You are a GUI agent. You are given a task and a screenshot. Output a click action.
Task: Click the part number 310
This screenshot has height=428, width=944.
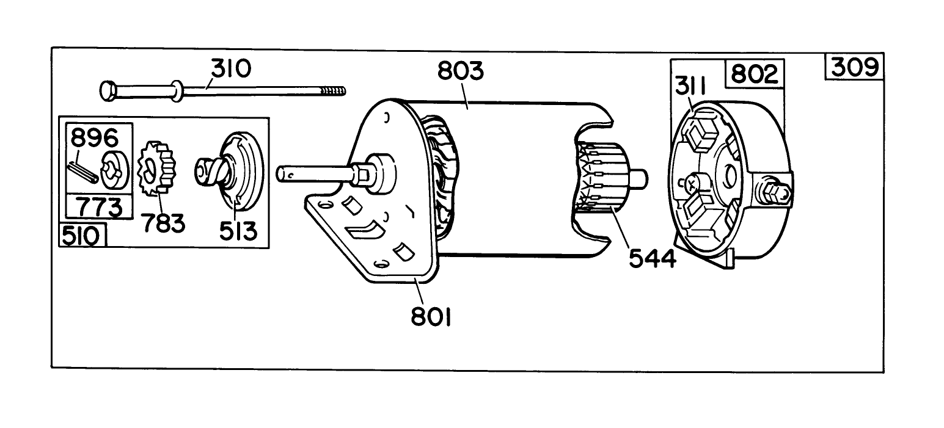[230, 69]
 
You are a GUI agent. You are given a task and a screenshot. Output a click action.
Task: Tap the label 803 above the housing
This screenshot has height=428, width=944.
[460, 72]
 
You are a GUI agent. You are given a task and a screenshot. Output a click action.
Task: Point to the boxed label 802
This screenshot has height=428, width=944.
[754, 74]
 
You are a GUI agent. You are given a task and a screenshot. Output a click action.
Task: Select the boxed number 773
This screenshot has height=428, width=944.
[99, 208]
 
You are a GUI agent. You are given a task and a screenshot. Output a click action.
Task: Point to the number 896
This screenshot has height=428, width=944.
[94, 138]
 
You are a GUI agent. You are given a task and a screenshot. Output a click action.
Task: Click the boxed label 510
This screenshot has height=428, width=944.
[82, 236]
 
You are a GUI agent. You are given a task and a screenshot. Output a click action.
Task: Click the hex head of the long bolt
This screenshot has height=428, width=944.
[107, 90]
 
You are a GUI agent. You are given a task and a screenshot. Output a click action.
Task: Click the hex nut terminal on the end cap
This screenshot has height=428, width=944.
[771, 193]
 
